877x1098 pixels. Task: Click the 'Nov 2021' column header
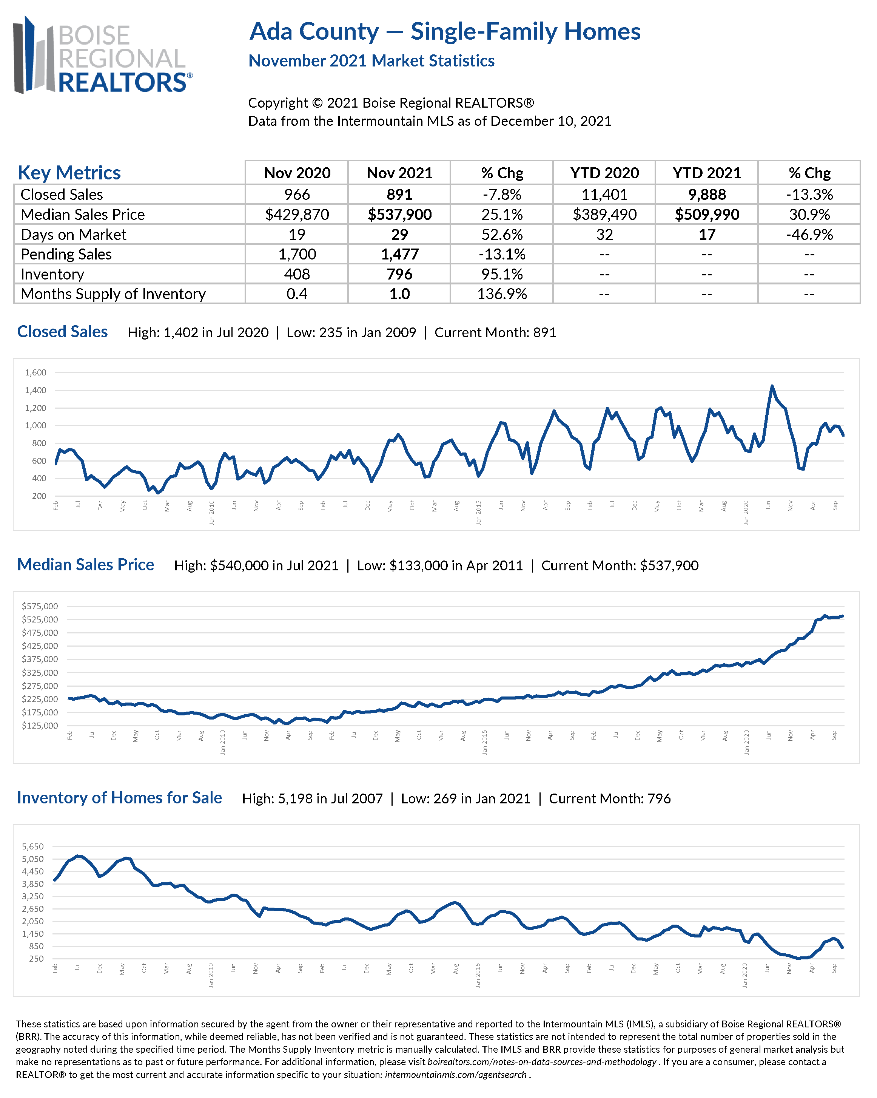(x=399, y=173)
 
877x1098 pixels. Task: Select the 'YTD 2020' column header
(x=604, y=173)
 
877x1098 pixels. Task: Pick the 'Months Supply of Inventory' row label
(x=113, y=294)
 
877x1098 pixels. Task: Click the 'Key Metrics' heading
(x=69, y=173)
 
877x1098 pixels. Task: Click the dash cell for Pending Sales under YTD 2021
(x=706, y=255)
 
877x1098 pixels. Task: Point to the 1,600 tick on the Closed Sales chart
(x=35, y=373)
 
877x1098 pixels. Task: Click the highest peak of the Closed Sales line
(x=772, y=386)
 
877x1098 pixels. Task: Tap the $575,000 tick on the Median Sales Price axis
(x=40, y=607)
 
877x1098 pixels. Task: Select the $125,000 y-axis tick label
(x=40, y=726)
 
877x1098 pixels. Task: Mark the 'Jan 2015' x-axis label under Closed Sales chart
(x=478, y=512)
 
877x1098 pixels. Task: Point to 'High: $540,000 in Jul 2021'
(x=256, y=566)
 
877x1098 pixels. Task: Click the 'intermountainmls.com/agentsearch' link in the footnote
(x=456, y=1075)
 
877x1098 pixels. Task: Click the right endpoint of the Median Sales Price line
(x=843, y=616)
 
